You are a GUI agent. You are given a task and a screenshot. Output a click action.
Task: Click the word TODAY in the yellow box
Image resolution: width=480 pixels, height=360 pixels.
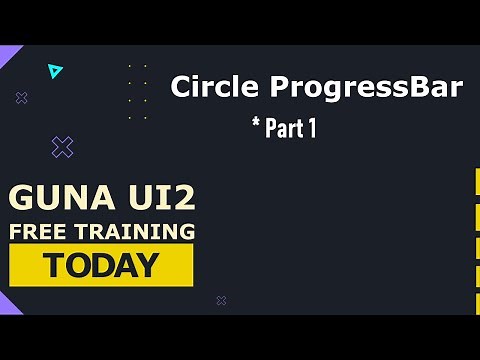[x=100, y=265]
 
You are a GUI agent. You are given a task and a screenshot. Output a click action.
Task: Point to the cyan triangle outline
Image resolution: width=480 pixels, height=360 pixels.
[x=55, y=71]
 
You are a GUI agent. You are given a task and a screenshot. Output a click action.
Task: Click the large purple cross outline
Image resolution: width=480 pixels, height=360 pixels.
[x=62, y=148]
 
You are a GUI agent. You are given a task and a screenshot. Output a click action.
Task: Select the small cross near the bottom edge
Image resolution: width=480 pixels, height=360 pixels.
[x=221, y=300]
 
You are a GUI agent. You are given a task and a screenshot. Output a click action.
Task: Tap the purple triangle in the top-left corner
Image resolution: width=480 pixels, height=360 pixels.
[x=8, y=55]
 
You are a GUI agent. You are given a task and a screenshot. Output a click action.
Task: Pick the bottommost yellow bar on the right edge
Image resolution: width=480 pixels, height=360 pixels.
[x=476, y=302]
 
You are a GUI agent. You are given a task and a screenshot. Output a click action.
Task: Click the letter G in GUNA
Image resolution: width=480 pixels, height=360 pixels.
[x=20, y=198]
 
